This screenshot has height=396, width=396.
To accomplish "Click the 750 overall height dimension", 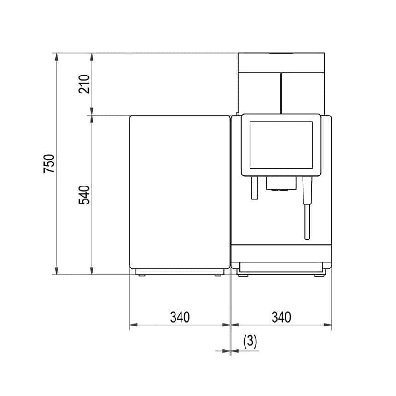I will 49,164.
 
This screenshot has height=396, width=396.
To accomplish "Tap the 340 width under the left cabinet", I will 180,317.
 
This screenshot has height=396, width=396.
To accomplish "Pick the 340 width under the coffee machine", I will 281,317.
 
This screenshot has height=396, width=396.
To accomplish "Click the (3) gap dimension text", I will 250,341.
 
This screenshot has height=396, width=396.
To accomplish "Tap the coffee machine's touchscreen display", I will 280,145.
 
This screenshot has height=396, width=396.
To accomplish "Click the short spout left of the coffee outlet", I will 254,189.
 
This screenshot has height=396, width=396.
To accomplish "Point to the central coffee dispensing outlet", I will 280,184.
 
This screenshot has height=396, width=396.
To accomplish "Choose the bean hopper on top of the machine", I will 281,83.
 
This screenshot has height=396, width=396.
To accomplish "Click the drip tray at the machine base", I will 280,266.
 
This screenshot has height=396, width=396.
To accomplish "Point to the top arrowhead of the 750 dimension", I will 57,57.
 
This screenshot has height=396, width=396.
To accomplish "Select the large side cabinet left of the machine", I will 180,192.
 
